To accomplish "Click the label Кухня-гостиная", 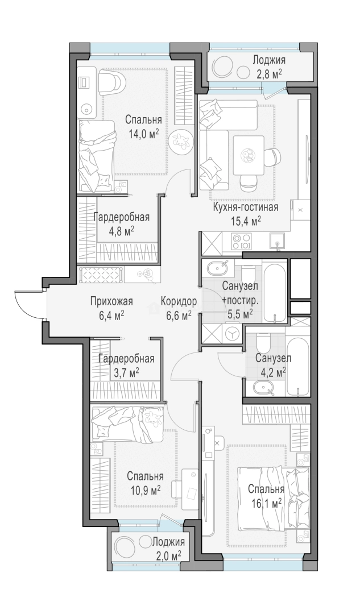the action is point(245,207).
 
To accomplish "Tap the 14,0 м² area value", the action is point(143,134).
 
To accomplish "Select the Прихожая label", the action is point(111,301).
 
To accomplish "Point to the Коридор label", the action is point(179,301).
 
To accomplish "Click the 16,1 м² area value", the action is point(266,503).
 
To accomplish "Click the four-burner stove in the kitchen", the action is point(241,240).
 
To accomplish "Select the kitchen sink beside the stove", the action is point(278,240).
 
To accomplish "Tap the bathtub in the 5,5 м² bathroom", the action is point(276,292).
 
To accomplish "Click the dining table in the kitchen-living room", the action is point(247,155).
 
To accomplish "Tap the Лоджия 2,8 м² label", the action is point(269,66).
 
